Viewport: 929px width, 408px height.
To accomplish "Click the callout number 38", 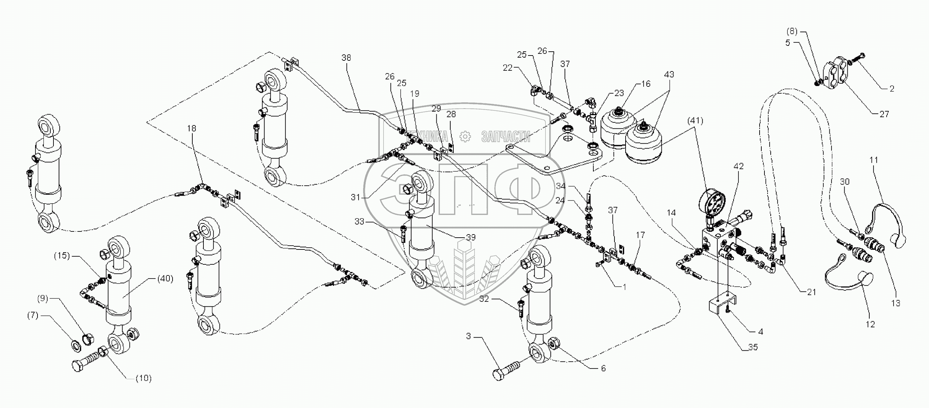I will [x=346, y=58].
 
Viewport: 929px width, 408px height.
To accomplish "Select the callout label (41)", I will [x=695, y=121].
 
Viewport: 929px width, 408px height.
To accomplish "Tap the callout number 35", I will [x=753, y=347].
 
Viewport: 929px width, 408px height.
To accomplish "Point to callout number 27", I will [x=884, y=114].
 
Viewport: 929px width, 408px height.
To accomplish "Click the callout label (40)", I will [x=165, y=279].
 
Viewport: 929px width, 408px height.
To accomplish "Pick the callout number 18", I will [x=192, y=128].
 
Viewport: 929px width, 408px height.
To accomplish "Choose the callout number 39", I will [x=471, y=238].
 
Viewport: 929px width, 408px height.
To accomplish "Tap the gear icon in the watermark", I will [x=465, y=137].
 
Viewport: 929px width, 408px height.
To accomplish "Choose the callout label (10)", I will [x=143, y=379].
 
